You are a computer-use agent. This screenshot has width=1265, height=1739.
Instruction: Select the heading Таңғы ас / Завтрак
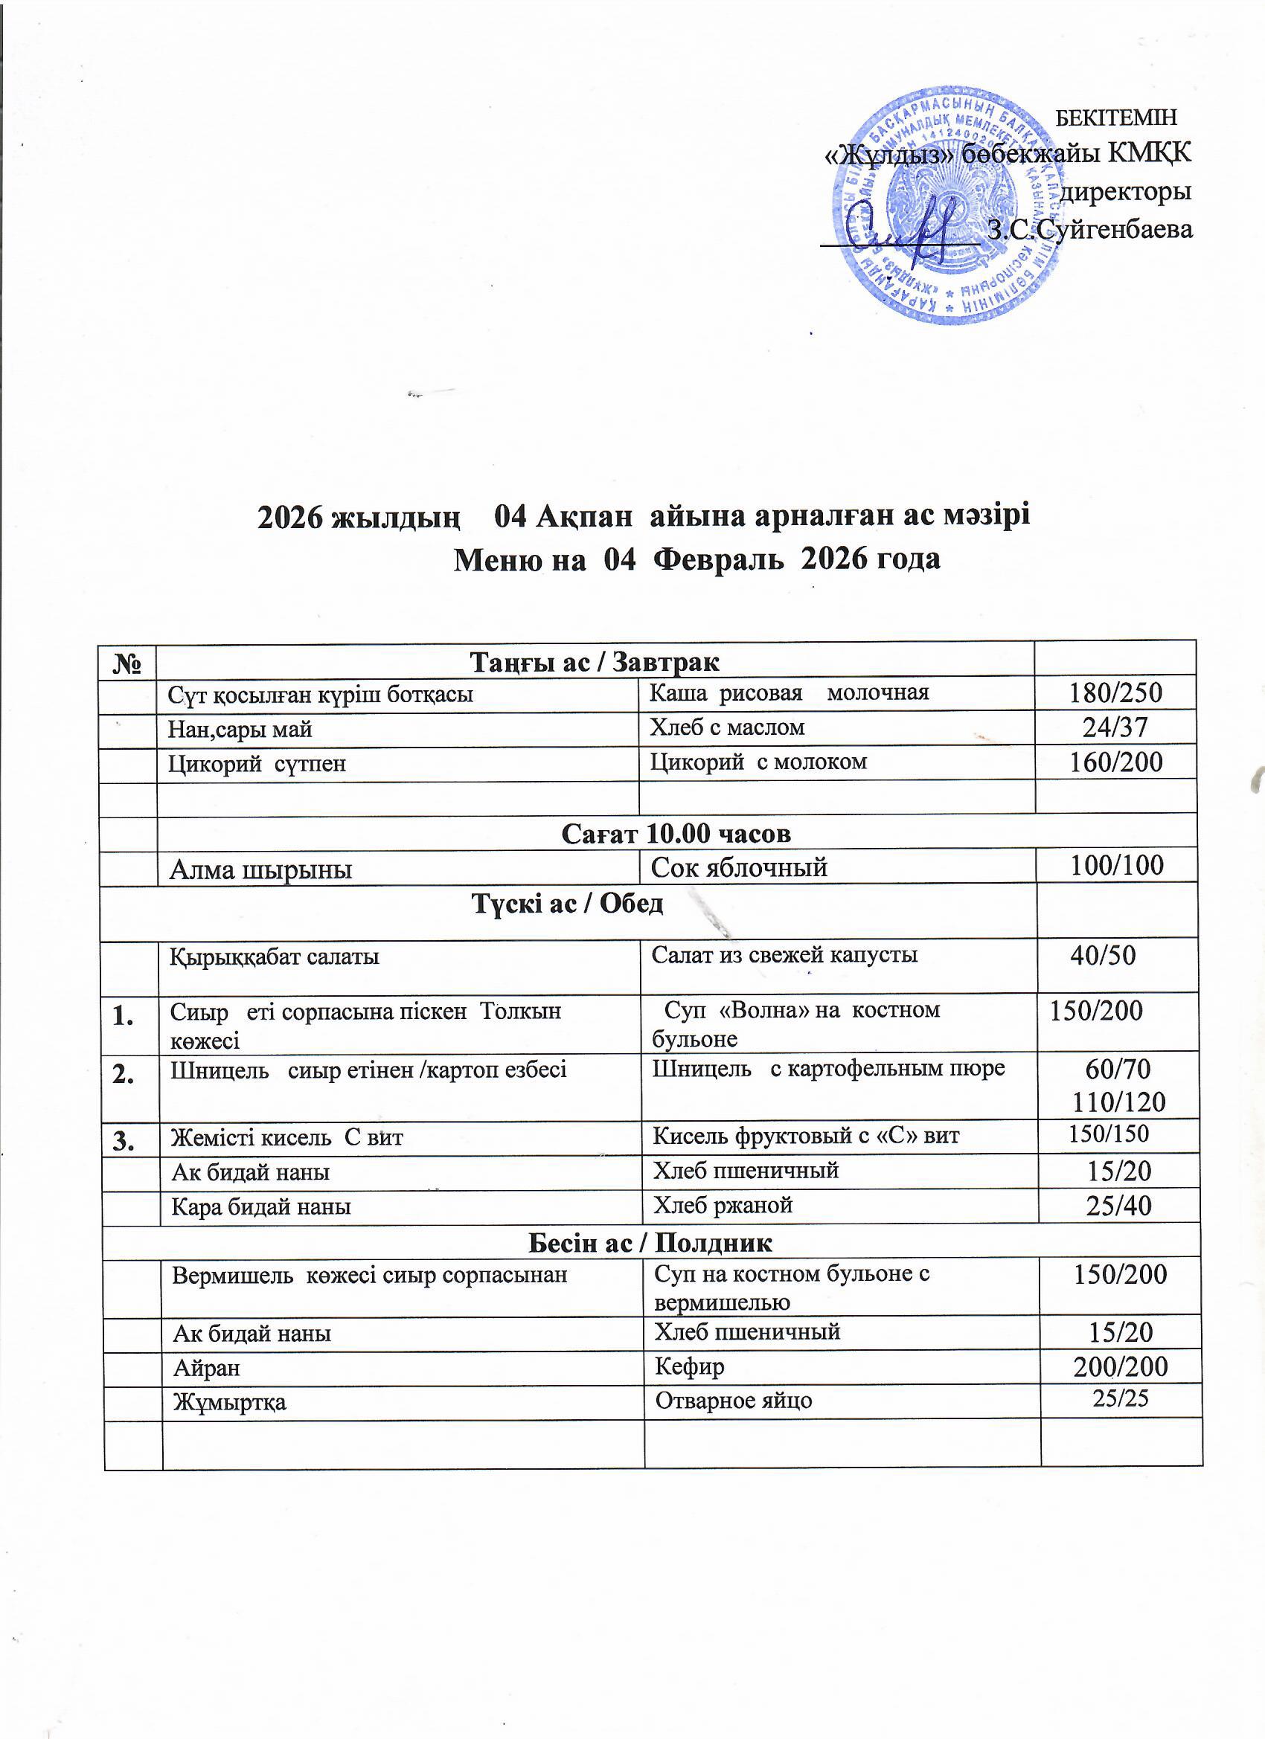click(595, 661)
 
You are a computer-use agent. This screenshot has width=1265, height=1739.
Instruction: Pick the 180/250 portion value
click(1116, 693)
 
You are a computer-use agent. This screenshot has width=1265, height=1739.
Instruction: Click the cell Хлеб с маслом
click(727, 726)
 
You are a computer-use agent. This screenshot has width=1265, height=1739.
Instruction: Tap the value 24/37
click(1116, 727)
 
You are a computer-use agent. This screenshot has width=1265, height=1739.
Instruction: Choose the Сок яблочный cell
click(740, 867)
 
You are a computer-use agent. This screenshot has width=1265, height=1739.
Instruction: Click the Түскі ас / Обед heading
click(567, 904)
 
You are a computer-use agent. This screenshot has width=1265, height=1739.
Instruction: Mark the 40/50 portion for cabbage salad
click(1102, 955)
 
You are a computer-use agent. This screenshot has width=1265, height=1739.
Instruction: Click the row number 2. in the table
click(121, 1075)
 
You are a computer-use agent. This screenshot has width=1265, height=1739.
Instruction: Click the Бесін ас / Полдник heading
click(650, 1242)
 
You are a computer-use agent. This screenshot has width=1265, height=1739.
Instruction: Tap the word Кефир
click(689, 1366)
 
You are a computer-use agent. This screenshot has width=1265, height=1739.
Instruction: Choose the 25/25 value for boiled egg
click(1120, 1398)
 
